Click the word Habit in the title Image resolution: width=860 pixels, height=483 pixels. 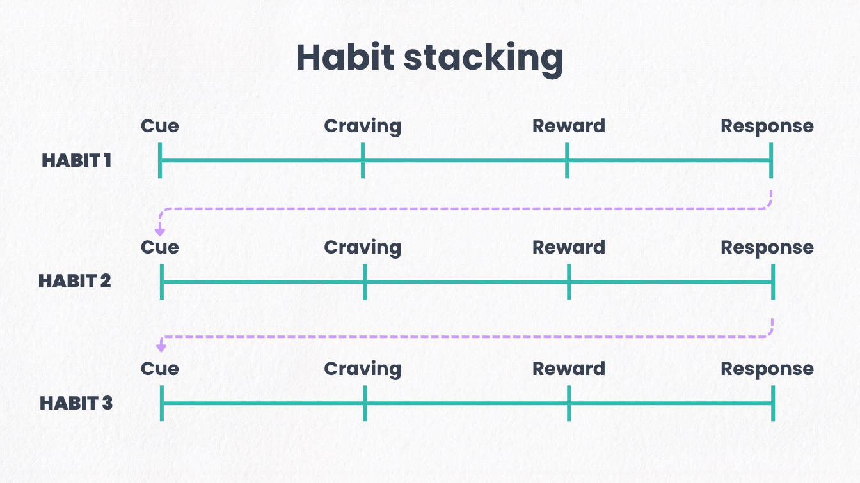[346, 57]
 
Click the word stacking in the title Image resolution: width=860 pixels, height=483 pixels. [484, 60]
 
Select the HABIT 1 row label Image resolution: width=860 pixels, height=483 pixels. [76, 160]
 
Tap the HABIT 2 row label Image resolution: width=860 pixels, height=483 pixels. [75, 281]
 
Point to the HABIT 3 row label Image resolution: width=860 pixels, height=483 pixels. [76, 403]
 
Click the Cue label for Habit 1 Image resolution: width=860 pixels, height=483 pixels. [160, 126]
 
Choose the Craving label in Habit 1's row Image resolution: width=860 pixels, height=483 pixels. [362, 127]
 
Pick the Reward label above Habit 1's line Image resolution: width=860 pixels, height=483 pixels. [569, 126]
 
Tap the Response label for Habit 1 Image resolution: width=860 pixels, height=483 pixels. [767, 127]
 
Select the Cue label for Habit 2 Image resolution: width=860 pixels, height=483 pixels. [160, 247]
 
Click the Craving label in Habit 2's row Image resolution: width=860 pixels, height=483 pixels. [362, 249]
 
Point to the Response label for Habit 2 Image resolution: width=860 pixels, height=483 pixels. [767, 249]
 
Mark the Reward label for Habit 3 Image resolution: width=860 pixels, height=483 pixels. [569, 369]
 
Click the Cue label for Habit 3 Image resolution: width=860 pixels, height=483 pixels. [160, 369]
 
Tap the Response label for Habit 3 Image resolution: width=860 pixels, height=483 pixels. [767, 370]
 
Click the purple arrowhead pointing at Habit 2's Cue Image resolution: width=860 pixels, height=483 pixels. [160, 232]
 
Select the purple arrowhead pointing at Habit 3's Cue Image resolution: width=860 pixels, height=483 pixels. [161, 348]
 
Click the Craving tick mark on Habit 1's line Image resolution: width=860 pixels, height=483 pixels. [363, 160]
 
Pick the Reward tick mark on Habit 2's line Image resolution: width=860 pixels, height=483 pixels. [569, 282]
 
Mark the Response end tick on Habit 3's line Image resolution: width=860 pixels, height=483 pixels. [773, 403]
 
